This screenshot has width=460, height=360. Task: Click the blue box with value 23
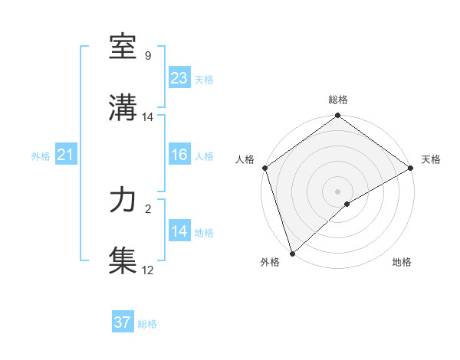[179, 78]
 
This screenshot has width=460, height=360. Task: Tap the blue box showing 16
[179, 155]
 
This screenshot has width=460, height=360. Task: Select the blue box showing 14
[179, 231]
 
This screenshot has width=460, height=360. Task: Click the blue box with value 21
[65, 155]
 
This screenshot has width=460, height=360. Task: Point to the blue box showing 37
[122, 322]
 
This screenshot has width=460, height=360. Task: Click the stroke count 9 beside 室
[148, 56]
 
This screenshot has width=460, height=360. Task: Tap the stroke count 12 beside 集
[148, 270]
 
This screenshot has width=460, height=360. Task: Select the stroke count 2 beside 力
[148, 208]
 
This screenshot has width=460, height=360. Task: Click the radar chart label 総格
[338, 100]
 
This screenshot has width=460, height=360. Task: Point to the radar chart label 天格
[431, 159]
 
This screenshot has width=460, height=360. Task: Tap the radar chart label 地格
[402, 263]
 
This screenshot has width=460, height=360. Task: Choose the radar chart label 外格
[270, 263]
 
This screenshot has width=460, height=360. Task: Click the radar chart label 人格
[245, 159]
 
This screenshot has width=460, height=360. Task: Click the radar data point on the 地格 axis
[348, 204]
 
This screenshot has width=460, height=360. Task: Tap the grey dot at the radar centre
[338, 191]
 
